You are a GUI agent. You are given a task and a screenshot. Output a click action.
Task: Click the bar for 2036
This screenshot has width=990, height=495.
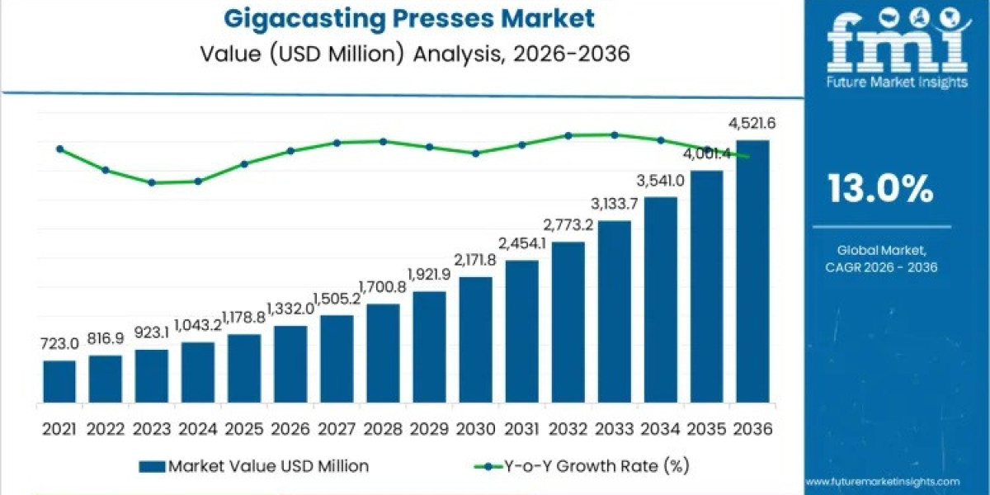coord(752,271)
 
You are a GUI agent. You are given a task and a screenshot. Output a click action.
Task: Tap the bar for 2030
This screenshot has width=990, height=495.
coord(475,340)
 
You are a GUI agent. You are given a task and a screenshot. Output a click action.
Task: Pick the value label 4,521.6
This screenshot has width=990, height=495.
coord(752,125)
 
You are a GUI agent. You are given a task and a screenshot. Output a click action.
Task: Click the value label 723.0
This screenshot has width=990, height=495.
coord(59,343)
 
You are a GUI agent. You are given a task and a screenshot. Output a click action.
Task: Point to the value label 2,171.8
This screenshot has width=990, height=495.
coord(475,260)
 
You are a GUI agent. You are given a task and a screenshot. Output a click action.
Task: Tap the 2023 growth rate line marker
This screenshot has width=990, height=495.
coord(152,182)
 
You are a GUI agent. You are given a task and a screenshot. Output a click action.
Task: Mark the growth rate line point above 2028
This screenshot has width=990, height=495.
coord(383,141)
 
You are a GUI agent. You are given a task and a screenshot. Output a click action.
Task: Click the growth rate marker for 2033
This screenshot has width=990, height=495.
coord(615,134)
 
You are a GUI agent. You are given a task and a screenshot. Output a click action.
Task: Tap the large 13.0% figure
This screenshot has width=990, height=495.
coord(880,190)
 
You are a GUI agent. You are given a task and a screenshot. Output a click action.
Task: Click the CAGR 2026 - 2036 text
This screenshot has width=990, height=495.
coord(880,266)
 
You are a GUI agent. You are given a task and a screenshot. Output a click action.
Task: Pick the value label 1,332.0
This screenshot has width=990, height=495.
coord(290,309)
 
